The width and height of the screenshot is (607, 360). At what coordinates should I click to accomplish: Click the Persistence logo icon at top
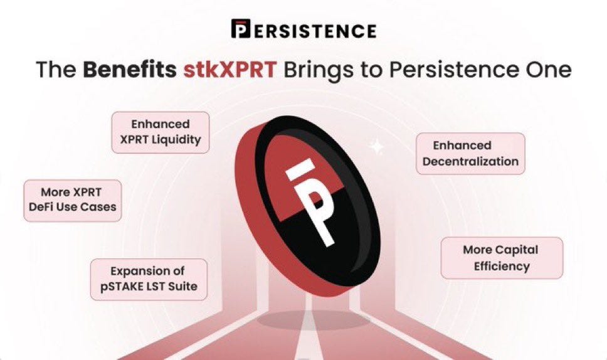241,29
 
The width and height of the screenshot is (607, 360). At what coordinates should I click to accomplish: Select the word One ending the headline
548,69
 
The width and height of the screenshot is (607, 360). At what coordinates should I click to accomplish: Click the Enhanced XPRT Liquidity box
161,132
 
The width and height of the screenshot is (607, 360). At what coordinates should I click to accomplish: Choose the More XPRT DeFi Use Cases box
73,199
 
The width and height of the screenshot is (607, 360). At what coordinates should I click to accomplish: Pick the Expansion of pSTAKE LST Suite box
149,279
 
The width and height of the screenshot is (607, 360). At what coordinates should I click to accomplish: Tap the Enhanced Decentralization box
470,153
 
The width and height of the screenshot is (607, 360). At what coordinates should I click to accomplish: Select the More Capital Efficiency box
501,258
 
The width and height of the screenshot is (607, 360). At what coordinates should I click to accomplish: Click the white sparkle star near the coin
377,147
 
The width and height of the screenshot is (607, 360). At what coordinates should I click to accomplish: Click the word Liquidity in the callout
176,140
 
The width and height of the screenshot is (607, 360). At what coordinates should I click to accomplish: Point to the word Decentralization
470,161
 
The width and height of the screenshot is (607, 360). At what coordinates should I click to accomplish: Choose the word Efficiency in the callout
501,266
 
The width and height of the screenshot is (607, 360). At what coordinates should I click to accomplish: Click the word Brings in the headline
319,69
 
